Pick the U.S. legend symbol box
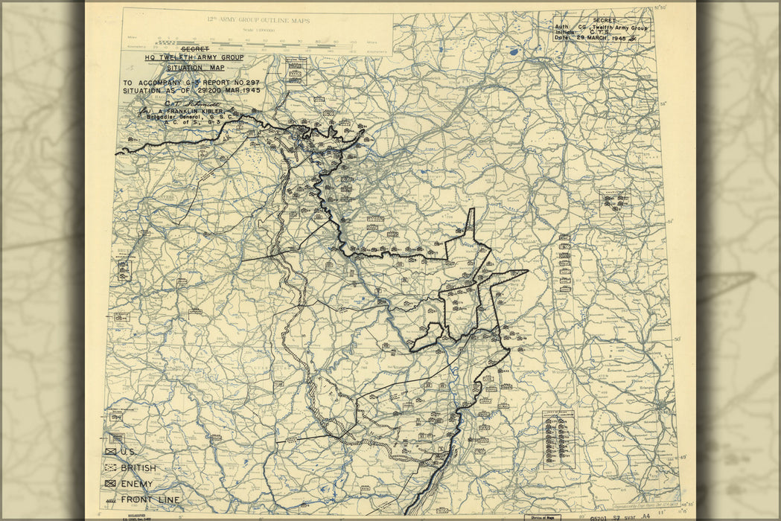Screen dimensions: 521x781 pos(111,452)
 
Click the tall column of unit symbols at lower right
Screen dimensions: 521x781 pos(556,439)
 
